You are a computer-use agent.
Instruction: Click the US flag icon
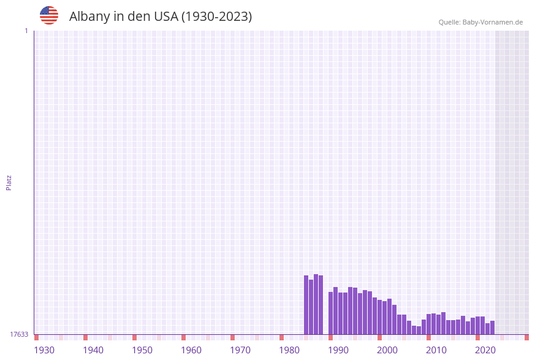(49, 15)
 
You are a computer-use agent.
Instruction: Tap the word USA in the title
(165, 17)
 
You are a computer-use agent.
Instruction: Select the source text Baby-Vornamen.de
(492, 22)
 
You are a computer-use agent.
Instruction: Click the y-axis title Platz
(9, 182)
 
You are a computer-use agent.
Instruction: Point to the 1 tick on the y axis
(26, 31)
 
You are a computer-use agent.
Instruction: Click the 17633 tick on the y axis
(19, 334)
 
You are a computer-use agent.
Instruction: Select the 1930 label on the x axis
(44, 350)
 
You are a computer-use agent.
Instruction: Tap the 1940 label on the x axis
(93, 350)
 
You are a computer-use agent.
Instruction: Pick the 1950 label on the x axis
(142, 350)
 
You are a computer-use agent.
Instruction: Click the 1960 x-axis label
(191, 350)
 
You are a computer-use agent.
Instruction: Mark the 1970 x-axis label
(240, 350)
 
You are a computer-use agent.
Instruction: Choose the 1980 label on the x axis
(289, 350)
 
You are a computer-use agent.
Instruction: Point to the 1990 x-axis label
(338, 350)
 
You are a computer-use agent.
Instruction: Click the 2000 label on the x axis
(387, 350)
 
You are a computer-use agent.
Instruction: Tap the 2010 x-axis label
(436, 350)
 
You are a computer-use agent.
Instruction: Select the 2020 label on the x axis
(485, 350)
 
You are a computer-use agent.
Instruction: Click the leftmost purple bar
(306, 305)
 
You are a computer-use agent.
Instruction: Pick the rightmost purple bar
(492, 327)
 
